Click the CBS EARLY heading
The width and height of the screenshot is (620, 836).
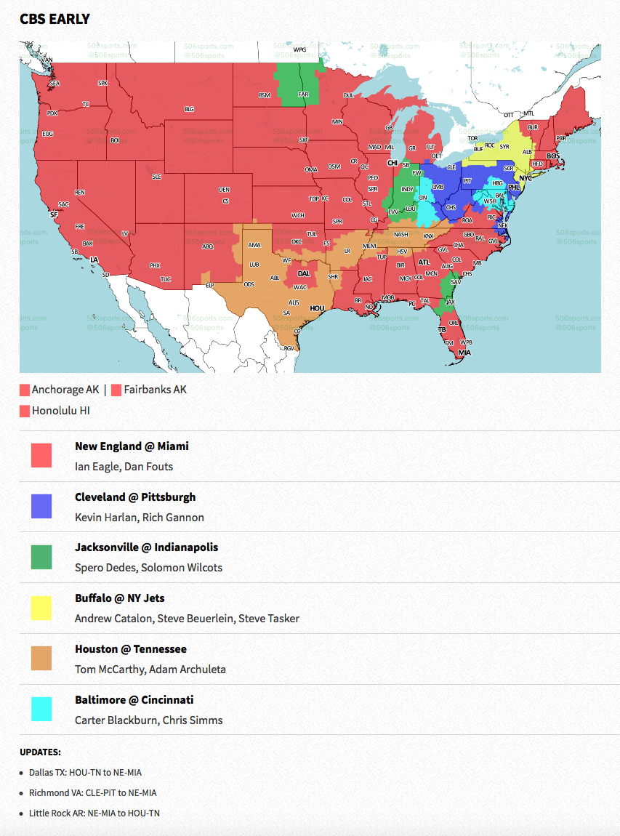55,19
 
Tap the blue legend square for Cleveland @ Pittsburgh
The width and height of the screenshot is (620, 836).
41,507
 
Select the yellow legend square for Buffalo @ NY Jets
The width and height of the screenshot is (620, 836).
41,608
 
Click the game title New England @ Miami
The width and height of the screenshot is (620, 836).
132,446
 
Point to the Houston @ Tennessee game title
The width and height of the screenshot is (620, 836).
130,648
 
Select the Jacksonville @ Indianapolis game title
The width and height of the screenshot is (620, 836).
146,547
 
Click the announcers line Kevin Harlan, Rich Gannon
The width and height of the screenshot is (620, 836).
139,518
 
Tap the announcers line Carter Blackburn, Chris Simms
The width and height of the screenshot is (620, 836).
148,720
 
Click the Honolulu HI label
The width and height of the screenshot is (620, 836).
60,411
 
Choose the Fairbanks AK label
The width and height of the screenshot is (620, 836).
155,390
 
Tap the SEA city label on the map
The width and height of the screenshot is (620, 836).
54,84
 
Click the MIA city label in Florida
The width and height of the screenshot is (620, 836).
464,353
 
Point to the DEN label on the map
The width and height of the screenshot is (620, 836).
225,190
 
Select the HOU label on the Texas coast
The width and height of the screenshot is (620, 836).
317,308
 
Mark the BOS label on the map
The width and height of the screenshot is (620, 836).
553,156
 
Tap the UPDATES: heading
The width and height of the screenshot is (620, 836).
40,752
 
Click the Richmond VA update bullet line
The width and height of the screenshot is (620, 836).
92,792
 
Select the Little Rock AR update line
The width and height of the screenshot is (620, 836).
94,813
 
